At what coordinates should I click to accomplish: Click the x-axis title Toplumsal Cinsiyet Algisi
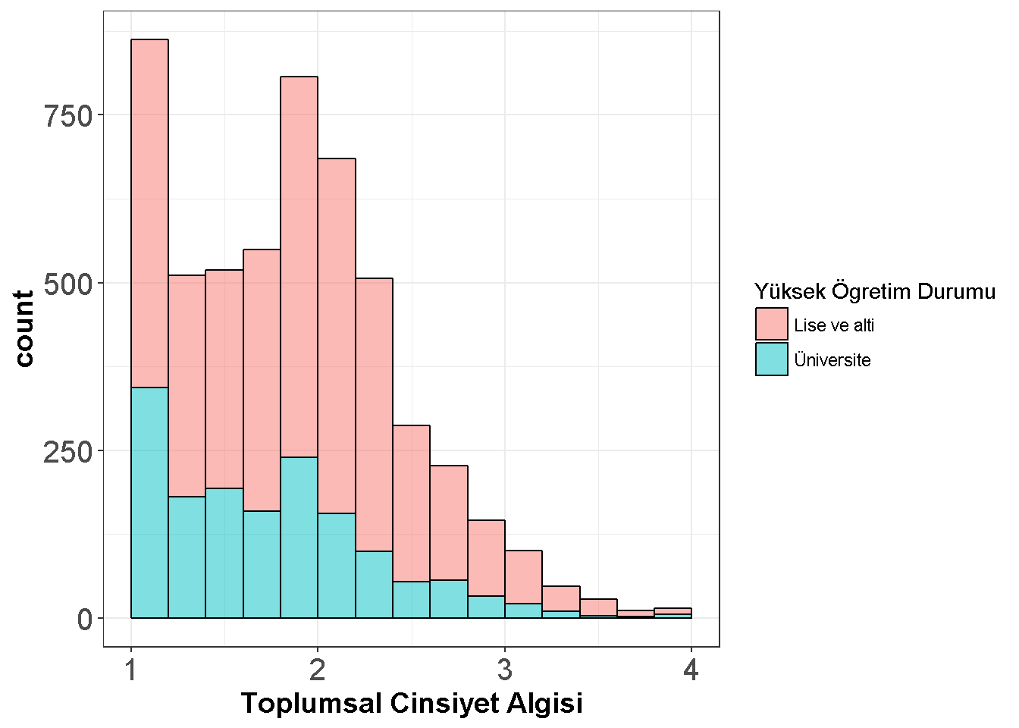point(412,703)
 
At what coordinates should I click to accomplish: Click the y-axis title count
point(24,328)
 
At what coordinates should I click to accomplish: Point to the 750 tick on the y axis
point(68,116)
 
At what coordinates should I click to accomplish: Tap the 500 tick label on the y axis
point(68,284)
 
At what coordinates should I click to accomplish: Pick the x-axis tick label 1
point(131,670)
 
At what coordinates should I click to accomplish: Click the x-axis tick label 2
point(318,670)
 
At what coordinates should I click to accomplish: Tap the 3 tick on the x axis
point(504,670)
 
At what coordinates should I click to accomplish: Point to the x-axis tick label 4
point(691,670)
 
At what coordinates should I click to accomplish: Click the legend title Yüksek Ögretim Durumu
point(874,291)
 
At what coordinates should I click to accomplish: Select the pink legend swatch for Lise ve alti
point(771,324)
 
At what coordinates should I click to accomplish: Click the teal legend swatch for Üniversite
point(771,359)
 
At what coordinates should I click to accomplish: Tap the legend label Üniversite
point(832,359)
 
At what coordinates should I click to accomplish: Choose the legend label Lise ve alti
point(834,325)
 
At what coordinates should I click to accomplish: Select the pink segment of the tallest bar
point(149,213)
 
